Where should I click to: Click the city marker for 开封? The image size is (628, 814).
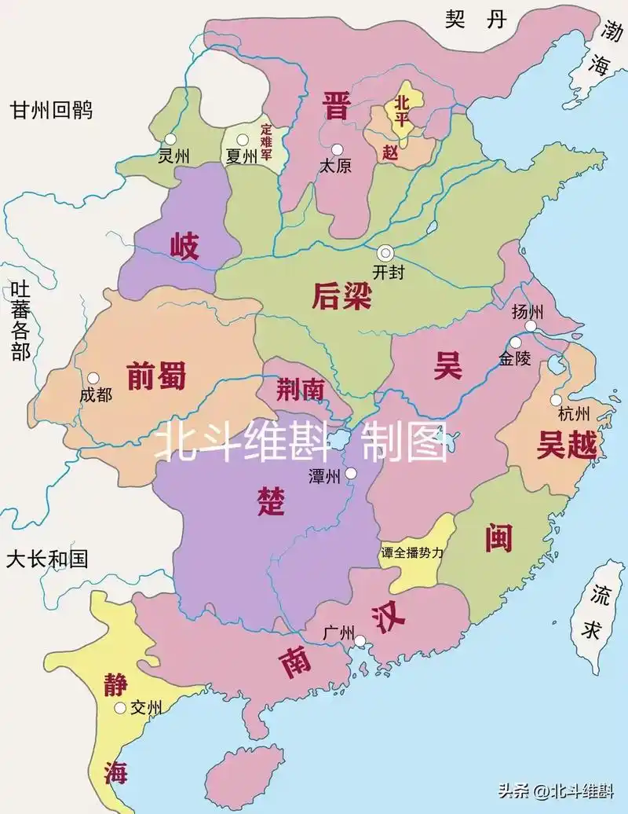[x=385, y=252]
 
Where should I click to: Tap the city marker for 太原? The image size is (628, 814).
[x=338, y=149]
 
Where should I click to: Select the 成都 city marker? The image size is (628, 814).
[x=93, y=378]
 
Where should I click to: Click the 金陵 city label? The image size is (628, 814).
[x=514, y=360]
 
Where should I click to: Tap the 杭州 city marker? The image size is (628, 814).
[x=556, y=400]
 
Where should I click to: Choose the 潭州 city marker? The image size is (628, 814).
[x=351, y=473]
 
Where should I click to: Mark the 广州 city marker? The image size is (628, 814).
[x=360, y=642]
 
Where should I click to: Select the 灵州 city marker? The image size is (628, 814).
[x=170, y=139]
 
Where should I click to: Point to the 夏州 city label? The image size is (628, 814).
[x=241, y=156]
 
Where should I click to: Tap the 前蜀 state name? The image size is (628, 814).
[x=156, y=376]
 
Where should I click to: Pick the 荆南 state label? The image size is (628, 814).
[x=300, y=387]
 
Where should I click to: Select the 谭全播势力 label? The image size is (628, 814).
[x=412, y=552]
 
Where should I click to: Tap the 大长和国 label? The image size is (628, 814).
[x=46, y=559]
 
